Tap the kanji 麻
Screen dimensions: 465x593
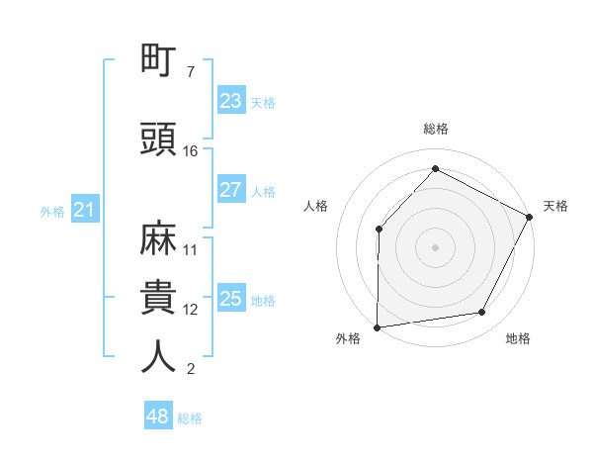pos(159,238)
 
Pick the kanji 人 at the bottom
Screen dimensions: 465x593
pos(159,356)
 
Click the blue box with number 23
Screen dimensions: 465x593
pos(230,100)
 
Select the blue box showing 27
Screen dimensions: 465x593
pos(230,190)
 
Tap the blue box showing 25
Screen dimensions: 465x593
pos(230,299)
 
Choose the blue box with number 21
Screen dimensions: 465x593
pos(84,210)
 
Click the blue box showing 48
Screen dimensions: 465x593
pos(158,417)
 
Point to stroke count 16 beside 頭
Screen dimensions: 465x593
pos(191,151)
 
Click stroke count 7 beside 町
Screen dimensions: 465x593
pos(190,72)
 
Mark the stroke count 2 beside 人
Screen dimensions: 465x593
pos(190,370)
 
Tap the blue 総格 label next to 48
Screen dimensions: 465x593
pos(190,418)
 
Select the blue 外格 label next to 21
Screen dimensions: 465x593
pos(52,211)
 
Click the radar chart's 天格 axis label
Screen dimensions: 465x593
pos(555,206)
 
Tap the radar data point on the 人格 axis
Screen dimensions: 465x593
pos(379,230)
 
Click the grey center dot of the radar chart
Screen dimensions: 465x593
pos(435,246)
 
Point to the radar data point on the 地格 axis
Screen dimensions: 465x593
pos(482,313)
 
